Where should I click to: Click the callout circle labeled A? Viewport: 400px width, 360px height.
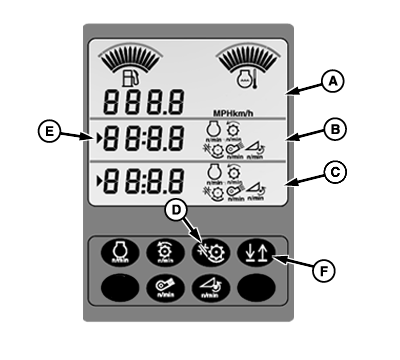(x=332, y=86)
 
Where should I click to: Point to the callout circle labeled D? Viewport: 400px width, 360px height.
(x=176, y=208)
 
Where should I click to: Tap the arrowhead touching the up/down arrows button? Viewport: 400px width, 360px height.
(x=272, y=258)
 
